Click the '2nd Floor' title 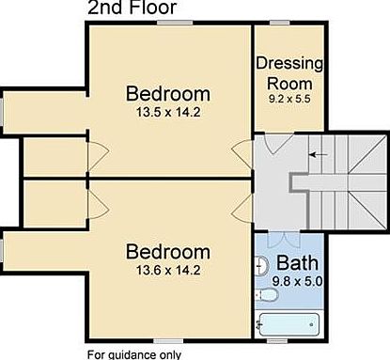[132, 8]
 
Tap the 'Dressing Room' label [289, 73]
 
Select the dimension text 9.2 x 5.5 [289, 99]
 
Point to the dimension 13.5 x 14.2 [168, 112]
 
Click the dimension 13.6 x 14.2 [168, 270]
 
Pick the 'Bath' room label [297, 262]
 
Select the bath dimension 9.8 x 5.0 [297, 281]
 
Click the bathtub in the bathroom [289, 324]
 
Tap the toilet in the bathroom [267, 295]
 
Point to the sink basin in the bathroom [262, 266]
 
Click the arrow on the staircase [319, 154]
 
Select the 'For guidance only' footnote [134, 355]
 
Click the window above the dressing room [280, 23]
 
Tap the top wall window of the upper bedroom [175, 23]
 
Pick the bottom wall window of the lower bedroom [168, 341]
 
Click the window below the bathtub [277, 341]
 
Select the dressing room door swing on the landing [279, 143]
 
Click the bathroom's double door [284, 240]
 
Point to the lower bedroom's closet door [99, 206]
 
